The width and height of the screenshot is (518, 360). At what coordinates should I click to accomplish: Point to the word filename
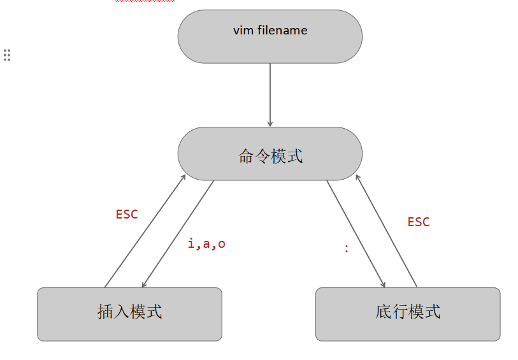coord(282,30)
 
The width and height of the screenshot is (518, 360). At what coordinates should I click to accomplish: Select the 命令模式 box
coord(270,154)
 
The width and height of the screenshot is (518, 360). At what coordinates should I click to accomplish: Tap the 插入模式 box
coord(129,314)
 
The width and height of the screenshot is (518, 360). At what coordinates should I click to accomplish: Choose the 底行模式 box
coord(408,314)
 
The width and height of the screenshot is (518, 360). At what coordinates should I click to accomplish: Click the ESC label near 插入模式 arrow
coord(127,215)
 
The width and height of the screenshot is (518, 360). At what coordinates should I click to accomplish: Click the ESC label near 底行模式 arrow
coord(419,222)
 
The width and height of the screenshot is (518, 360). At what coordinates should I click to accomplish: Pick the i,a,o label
coord(206,244)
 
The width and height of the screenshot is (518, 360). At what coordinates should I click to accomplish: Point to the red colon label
coord(346,249)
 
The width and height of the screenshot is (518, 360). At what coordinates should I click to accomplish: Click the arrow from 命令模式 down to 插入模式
coord(178,233)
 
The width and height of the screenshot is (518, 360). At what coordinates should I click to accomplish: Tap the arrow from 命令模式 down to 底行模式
coord(356,234)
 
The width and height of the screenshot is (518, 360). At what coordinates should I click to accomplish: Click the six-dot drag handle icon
coord(7,55)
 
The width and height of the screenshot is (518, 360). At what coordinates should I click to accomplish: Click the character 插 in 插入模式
coord(105,312)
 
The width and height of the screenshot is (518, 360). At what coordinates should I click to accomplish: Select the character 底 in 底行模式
coord(384,312)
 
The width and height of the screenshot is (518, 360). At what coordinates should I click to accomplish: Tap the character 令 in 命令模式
coord(262,156)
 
